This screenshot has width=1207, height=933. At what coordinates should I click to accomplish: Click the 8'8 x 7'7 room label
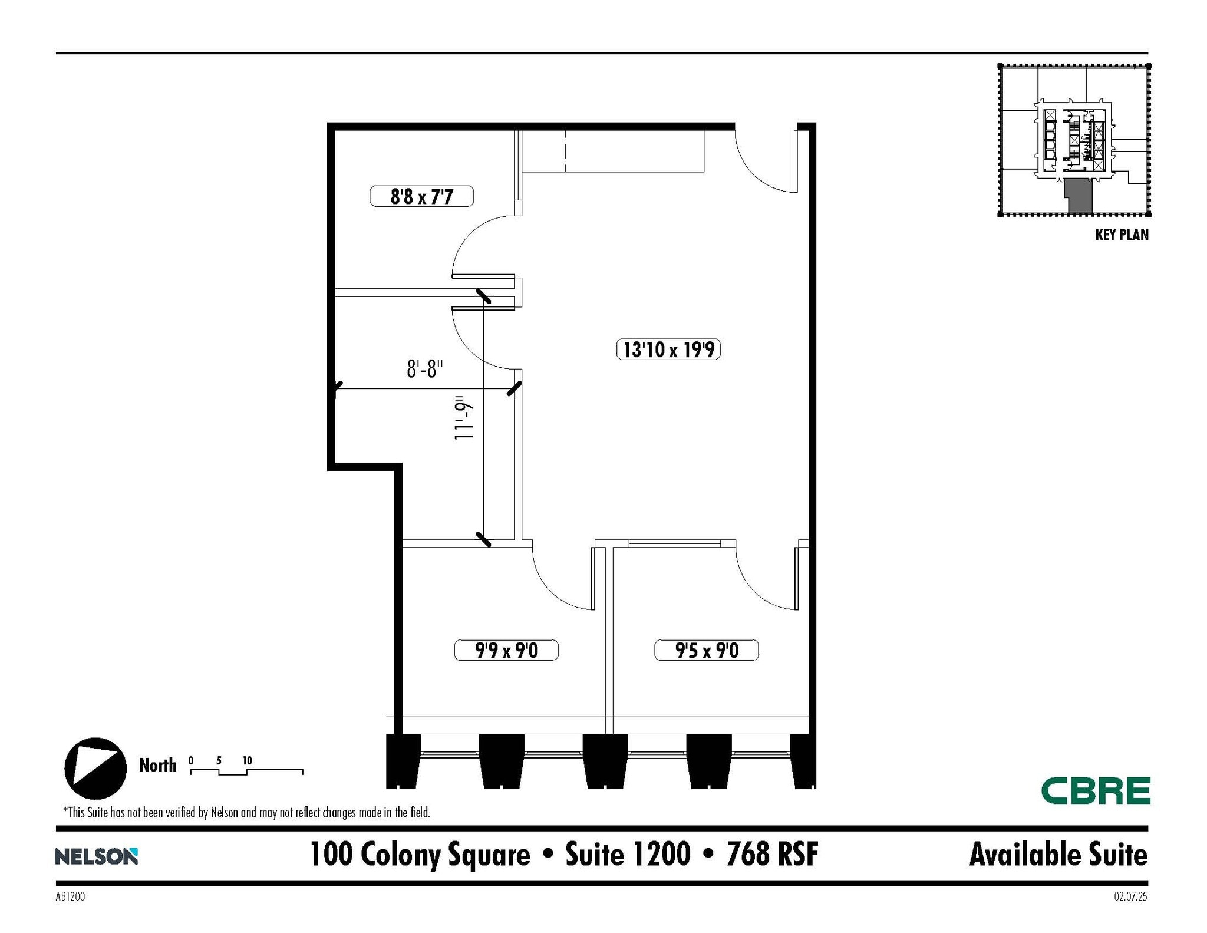pyautogui.click(x=421, y=196)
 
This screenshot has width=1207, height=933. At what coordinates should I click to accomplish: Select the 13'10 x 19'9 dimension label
pyautogui.click(x=668, y=350)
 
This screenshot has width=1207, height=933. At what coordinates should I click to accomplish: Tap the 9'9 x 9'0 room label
pyautogui.click(x=506, y=650)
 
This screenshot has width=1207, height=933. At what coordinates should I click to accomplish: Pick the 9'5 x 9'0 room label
pyautogui.click(x=706, y=650)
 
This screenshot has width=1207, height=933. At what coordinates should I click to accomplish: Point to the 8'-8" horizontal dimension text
pyautogui.click(x=424, y=370)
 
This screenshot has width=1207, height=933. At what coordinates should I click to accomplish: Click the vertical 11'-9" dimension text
pyautogui.click(x=464, y=418)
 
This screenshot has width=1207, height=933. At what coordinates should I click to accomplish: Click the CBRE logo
pyautogui.click(x=1095, y=790)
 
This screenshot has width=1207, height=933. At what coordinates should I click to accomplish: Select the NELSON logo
pyautogui.click(x=97, y=856)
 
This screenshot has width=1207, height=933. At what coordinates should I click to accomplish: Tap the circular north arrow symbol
pyautogui.click(x=95, y=768)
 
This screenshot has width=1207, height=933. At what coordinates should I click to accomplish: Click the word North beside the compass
pyautogui.click(x=157, y=765)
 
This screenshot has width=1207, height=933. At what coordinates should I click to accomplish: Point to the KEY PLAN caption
pyautogui.click(x=1121, y=235)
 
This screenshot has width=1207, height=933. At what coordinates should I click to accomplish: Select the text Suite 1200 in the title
pyautogui.click(x=628, y=854)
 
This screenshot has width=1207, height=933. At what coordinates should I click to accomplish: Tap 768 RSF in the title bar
pyautogui.click(x=772, y=854)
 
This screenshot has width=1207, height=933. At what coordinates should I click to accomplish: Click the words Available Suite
pyautogui.click(x=1058, y=855)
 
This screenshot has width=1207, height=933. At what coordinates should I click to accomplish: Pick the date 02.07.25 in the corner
pyautogui.click(x=1130, y=896)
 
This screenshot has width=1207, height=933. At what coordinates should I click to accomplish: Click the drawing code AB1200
pyautogui.click(x=71, y=896)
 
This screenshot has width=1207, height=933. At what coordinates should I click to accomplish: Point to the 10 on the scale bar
pyautogui.click(x=248, y=760)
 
